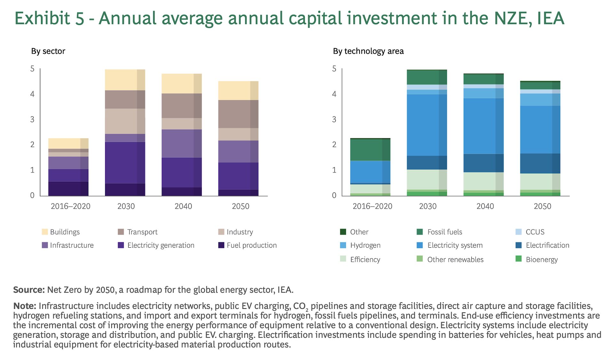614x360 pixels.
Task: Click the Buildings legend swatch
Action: point(45,232)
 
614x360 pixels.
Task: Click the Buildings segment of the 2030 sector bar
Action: point(125,80)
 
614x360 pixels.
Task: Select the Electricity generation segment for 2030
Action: point(125,163)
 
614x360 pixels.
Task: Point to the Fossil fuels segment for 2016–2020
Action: point(370,150)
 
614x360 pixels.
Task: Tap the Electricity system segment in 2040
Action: point(484,126)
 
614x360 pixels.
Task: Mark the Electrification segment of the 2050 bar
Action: point(540,164)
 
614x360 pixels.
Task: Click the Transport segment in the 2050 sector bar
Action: point(238,114)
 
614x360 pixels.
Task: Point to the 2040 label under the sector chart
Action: point(183,206)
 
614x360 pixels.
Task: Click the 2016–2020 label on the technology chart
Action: point(372,206)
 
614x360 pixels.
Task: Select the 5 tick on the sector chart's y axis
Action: point(32,69)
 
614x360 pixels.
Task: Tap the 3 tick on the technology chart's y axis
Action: point(334,120)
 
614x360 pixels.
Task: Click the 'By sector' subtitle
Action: point(48,51)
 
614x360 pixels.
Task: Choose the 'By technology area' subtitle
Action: point(368,51)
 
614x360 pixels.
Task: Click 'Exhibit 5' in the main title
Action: point(49,18)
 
